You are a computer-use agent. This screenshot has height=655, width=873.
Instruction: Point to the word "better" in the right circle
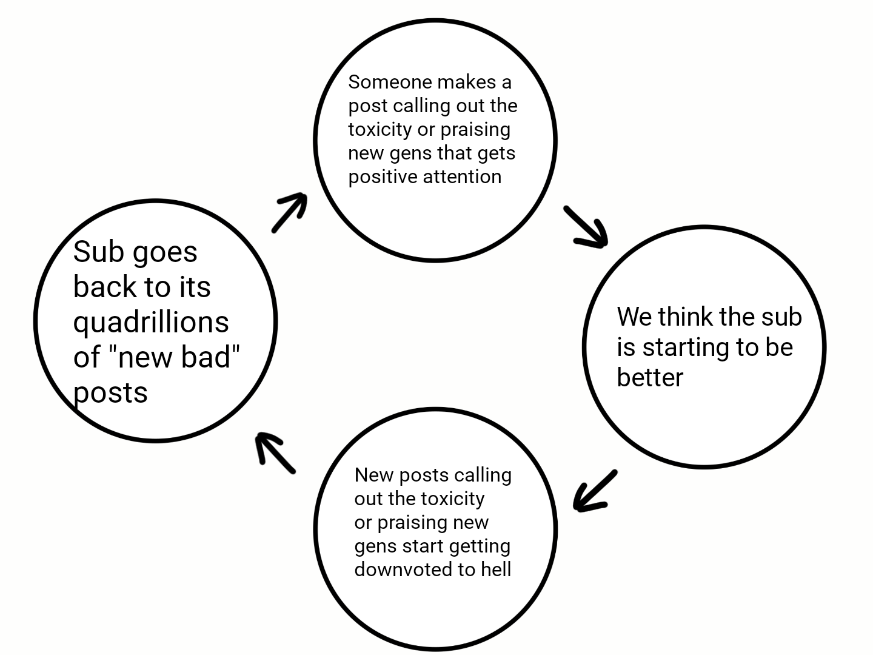[650, 378]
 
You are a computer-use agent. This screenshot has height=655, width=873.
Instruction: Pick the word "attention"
[463, 176]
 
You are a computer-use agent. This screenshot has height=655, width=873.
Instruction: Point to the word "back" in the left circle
[104, 287]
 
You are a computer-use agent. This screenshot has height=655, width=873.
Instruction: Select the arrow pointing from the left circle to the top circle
[289, 212]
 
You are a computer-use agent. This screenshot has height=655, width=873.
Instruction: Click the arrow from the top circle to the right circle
[586, 227]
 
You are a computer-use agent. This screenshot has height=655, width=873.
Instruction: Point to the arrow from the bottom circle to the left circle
[275, 452]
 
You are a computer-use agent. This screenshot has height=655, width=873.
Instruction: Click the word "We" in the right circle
[634, 317]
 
